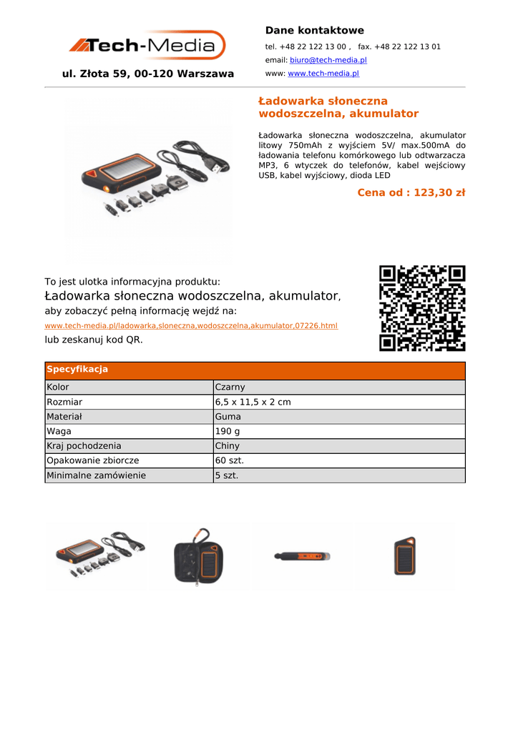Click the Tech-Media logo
[147, 46]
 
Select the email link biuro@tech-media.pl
[328, 60]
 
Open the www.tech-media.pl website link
[323, 74]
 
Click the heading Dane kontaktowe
[314, 30]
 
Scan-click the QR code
[422, 308]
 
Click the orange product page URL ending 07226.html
[191, 326]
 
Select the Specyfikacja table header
[77, 370]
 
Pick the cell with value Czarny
[230, 387]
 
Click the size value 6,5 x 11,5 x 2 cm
[253, 402]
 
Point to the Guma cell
[228, 417]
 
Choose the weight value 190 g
[228, 431]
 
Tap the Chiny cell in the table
[228, 446]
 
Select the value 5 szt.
[227, 475]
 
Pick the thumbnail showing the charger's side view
[300, 556]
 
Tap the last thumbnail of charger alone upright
[404, 557]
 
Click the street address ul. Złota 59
[148, 74]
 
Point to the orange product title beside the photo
[338, 107]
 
